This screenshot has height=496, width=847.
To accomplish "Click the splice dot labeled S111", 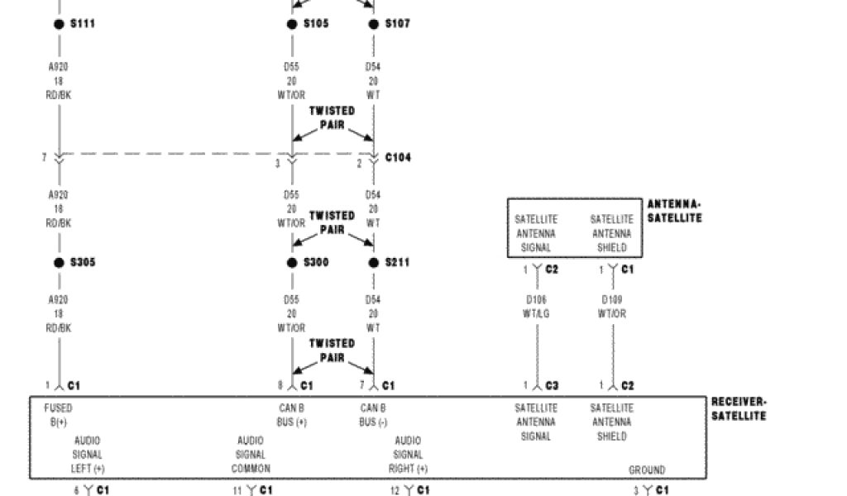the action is [x=59, y=24].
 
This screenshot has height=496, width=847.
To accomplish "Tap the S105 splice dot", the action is [x=292, y=24].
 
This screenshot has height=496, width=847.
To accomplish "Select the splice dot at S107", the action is [x=374, y=24].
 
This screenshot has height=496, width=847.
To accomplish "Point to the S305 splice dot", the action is [x=59, y=263].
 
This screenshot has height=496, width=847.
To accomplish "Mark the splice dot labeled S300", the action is [x=292, y=263].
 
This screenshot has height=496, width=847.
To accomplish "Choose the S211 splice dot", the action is [x=374, y=263].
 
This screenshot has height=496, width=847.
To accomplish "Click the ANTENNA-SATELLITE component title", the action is [x=674, y=211].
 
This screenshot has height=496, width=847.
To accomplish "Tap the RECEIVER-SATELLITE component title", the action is [x=739, y=408].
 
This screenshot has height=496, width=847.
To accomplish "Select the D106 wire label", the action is [x=536, y=299].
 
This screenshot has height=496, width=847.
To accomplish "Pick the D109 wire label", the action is [x=612, y=299].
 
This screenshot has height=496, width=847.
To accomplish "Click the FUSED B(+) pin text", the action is [x=58, y=415].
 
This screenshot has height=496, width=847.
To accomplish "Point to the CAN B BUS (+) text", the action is [x=291, y=415].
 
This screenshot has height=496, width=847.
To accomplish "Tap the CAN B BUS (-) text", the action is [x=373, y=415].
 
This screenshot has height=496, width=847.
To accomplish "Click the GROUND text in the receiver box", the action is [x=647, y=470].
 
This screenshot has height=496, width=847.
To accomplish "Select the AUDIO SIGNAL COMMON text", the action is [x=251, y=455].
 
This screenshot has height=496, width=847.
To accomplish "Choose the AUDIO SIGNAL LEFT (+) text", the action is [x=88, y=455].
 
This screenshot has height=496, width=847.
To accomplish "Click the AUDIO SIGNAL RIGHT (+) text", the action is [x=408, y=455].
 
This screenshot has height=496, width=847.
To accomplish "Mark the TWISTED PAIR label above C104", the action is [x=332, y=117].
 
